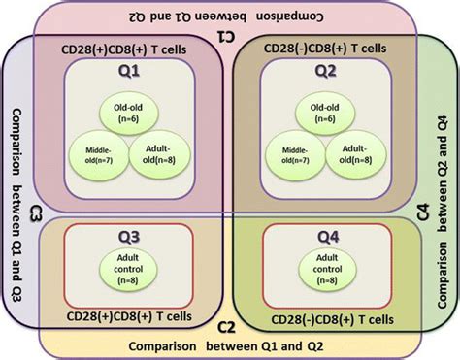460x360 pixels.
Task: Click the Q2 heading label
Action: click(326, 71)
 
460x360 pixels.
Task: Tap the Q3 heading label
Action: click(127, 238)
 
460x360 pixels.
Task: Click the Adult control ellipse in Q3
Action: click(127, 270)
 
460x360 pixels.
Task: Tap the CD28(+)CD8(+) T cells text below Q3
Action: click(125, 314)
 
